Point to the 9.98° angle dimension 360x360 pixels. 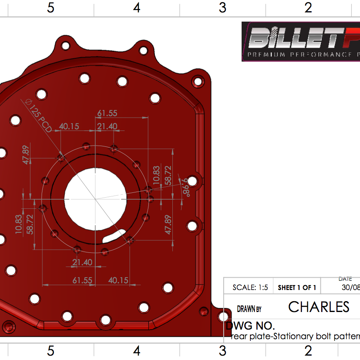point(185,188)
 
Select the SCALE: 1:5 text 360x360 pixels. point(250,287)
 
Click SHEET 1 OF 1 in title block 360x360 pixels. point(297,287)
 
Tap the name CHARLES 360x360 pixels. point(319,307)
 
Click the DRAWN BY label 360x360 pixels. point(249,309)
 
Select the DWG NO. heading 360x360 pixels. point(250,326)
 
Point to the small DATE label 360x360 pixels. point(345,279)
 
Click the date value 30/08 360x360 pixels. point(350,287)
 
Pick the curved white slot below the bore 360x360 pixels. point(115,236)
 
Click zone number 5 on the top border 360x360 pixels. point(50,8)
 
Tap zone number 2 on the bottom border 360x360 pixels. point(308,351)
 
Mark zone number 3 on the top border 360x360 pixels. point(222,8)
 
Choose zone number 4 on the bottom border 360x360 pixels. point(137,351)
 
